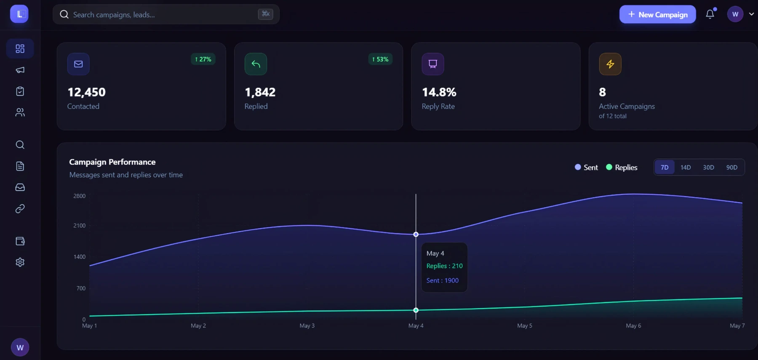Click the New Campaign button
[657, 14]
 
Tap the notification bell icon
[710, 14]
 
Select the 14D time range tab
[686, 167]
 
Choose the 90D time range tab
[732, 167]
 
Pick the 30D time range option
[708, 167]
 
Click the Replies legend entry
[622, 167]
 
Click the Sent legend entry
[586, 167]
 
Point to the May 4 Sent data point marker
[416, 235]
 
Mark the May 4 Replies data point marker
[416, 310]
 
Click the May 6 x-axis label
[633, 325]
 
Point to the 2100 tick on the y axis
[79, 226]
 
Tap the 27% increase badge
[203, 59]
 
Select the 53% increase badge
[380, 59]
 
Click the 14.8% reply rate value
[439, 92]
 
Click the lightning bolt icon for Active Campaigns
[610, 64]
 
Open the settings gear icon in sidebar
[20, 262]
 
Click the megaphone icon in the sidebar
[20, 70]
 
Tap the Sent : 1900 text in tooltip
[442, 280]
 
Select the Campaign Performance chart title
[112, 162]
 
